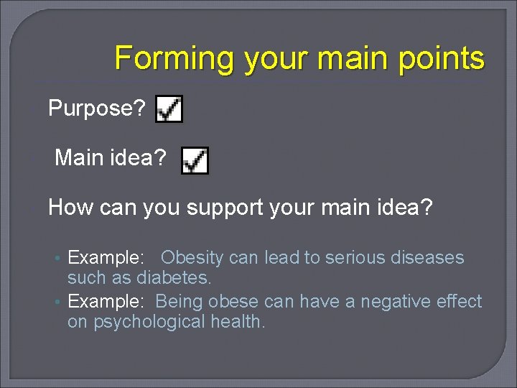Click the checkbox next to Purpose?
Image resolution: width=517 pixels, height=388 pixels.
click(x=169, y=109)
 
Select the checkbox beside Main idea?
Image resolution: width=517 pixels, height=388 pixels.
click(x=195, y=161)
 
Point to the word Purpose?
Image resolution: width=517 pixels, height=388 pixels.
click(x=97, y=108)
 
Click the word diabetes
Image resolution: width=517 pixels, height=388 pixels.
click(x=174, y=277)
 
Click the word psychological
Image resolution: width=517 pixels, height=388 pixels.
click(x=146, y=321)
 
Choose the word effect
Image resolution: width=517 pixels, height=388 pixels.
click(x=457, y=301)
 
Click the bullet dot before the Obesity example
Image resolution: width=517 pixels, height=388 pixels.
click(x=60, y=259)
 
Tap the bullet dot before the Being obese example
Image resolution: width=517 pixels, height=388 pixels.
click(x=60, y=302)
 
